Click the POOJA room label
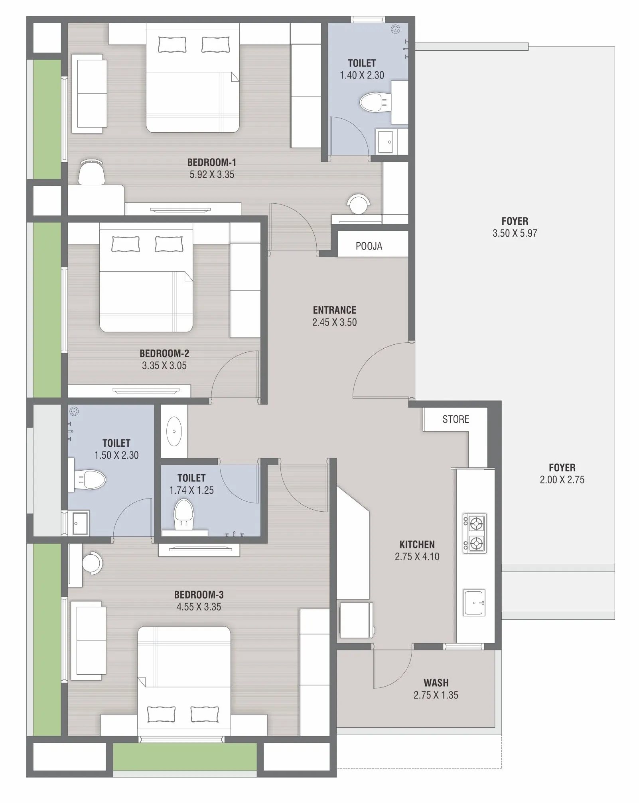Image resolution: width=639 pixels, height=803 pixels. pos(369,246)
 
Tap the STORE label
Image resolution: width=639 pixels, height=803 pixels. pos(456,419)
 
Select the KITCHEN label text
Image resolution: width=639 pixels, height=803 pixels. pos(417,544)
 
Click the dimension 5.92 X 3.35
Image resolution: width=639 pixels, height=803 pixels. pos(212,175)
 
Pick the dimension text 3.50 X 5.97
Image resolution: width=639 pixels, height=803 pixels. pos(515,233)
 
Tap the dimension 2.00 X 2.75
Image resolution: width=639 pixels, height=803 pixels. pos(562,480)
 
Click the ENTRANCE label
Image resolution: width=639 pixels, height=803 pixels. pos(334,310)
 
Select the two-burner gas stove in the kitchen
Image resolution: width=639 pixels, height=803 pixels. pos(474,533)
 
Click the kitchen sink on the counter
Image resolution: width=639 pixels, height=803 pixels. pos(474,603)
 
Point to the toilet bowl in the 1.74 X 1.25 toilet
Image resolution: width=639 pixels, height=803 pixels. pos(184,514)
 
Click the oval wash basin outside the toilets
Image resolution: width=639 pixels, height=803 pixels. pos(174,431)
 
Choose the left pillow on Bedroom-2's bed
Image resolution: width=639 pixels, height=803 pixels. pos(125,244)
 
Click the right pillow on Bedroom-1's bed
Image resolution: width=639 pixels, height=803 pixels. pos(215,45)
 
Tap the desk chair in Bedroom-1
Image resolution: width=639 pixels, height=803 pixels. pos(91,172)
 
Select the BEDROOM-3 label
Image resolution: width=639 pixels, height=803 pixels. pos(199,595)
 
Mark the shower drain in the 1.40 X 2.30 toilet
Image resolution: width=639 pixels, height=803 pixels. pos(396,29)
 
